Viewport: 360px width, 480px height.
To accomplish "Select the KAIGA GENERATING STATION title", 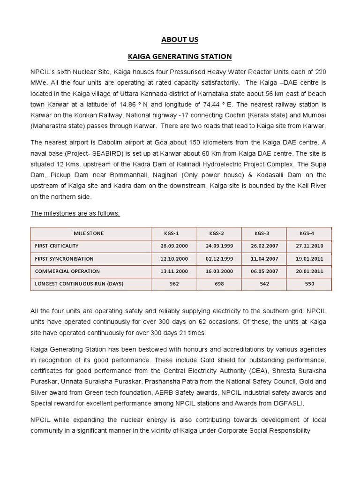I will coord(180,57).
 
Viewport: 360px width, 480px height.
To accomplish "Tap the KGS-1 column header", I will coord(174,233).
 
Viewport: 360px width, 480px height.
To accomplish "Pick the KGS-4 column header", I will coord(307,233).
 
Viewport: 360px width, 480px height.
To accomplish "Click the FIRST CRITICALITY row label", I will coord(57,246).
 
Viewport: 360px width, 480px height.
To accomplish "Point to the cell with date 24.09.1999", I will coord(219,246).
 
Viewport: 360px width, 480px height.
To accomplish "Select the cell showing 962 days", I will coord(174,284).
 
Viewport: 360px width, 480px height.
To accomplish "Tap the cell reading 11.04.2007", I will coord(264,258).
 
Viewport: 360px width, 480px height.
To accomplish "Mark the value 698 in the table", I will coord(219,284).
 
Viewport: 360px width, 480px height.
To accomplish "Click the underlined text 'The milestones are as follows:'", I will coord(75,213).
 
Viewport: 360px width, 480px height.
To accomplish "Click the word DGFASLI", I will coord(290,403).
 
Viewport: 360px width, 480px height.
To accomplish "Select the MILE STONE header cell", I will coord(89,233).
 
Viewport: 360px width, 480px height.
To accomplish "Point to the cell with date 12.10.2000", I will coord(174,258).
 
